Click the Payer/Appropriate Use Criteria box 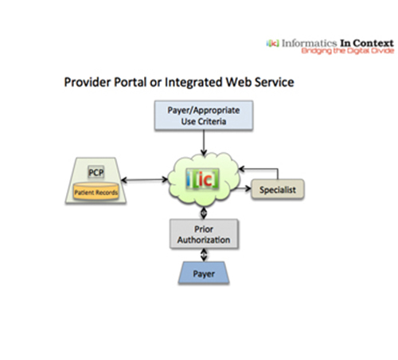point(204,115)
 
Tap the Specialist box point(278,190)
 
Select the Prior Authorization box point(204,234)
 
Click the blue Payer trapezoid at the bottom point(204,273)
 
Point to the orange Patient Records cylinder point(96,191)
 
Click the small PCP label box point(96,172)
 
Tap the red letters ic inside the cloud point(205,180)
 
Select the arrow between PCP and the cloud point(145,180)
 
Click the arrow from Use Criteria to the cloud point(204,143)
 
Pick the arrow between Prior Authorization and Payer point(204,255)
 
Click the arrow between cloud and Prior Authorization point(204,213)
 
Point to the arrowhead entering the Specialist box point(248,189)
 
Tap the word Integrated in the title point(193,83)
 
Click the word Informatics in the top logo point(309,43)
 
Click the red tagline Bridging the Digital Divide point(347,51)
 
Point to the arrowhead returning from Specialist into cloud point(241,169)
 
